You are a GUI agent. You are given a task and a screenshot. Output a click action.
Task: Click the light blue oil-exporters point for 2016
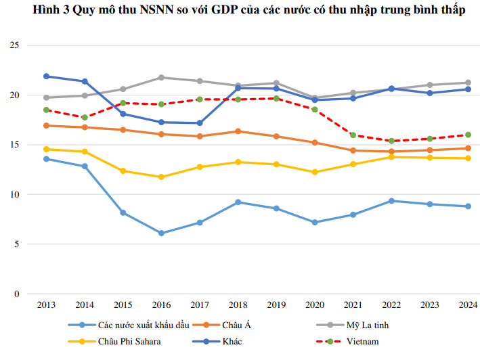pyautogui.click(x=160, y=233)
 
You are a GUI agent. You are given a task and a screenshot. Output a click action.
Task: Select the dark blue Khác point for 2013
pyautogui.click(x=46, y=76)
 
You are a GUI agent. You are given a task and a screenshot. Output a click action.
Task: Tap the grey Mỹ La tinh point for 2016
pyautogui.click(x=160, y=77)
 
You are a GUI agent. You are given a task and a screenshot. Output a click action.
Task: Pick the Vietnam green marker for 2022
pyautogui.click(x=391, y=141)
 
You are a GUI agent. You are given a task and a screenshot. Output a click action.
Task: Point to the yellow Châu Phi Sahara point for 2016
pyautogui.click(x=160, y=177)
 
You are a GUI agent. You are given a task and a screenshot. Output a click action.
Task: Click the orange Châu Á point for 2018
pyautogui.click(x=237, y=131)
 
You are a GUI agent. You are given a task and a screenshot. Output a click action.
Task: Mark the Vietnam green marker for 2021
pyautogui.click(x=353, y=135)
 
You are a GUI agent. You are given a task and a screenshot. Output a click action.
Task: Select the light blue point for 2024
pyautogui.click(x=468, y=206)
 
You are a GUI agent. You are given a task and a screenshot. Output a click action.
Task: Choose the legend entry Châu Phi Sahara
pyautogui.click(x=129, y=341)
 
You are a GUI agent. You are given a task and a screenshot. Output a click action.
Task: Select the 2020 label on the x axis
pyautogui.click(x=314, y=306)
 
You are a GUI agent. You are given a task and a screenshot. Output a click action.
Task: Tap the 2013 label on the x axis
pyautogui.click(x=46, y=306)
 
